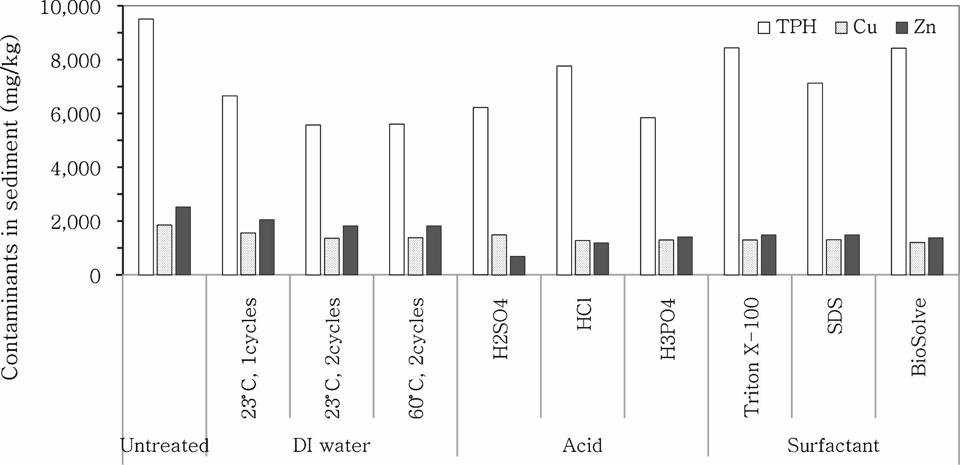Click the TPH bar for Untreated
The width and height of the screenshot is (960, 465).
pos(146,147)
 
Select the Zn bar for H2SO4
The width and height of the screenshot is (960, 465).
pos(517,265)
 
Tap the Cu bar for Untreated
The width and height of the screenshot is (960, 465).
pos(164,250)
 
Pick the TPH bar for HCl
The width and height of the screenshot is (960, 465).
pos(564,170)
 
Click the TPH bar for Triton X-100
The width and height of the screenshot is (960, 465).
pos(731,161)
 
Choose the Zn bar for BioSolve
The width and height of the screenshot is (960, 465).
pos(935,256)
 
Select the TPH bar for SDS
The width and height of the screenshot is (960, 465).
pos(815,179)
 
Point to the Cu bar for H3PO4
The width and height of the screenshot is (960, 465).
pos(666,257)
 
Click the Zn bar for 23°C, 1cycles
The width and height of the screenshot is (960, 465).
pos(266,247)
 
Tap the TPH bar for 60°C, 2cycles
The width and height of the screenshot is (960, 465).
pos(397,199)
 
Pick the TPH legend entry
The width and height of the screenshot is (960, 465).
pos(787,27)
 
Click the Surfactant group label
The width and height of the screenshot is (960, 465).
pos(833,445)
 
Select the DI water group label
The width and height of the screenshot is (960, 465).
pos(331,445)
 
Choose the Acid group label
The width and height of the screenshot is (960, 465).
pos(582,445)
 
